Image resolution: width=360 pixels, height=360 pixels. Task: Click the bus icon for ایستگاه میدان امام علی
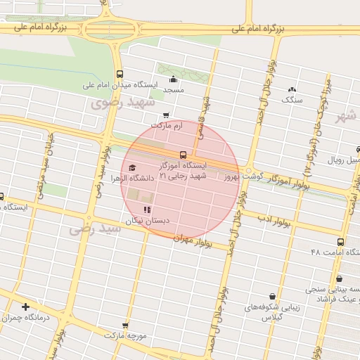coord(119,74)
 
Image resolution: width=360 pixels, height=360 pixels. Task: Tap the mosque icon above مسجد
coord(173,79)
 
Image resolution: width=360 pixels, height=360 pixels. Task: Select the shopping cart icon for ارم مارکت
coord(166,115)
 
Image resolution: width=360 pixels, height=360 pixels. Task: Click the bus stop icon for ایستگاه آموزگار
coord(183,154)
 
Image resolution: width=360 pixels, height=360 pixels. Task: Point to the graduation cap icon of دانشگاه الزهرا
coord(132,167)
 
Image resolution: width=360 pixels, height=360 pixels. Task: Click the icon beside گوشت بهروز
coord(248,171)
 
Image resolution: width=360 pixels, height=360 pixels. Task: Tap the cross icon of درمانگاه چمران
coord(26,307)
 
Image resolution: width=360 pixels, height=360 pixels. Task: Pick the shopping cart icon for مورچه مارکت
coord(125,326)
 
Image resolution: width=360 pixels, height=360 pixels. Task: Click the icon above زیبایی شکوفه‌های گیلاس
coord(272,296)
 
